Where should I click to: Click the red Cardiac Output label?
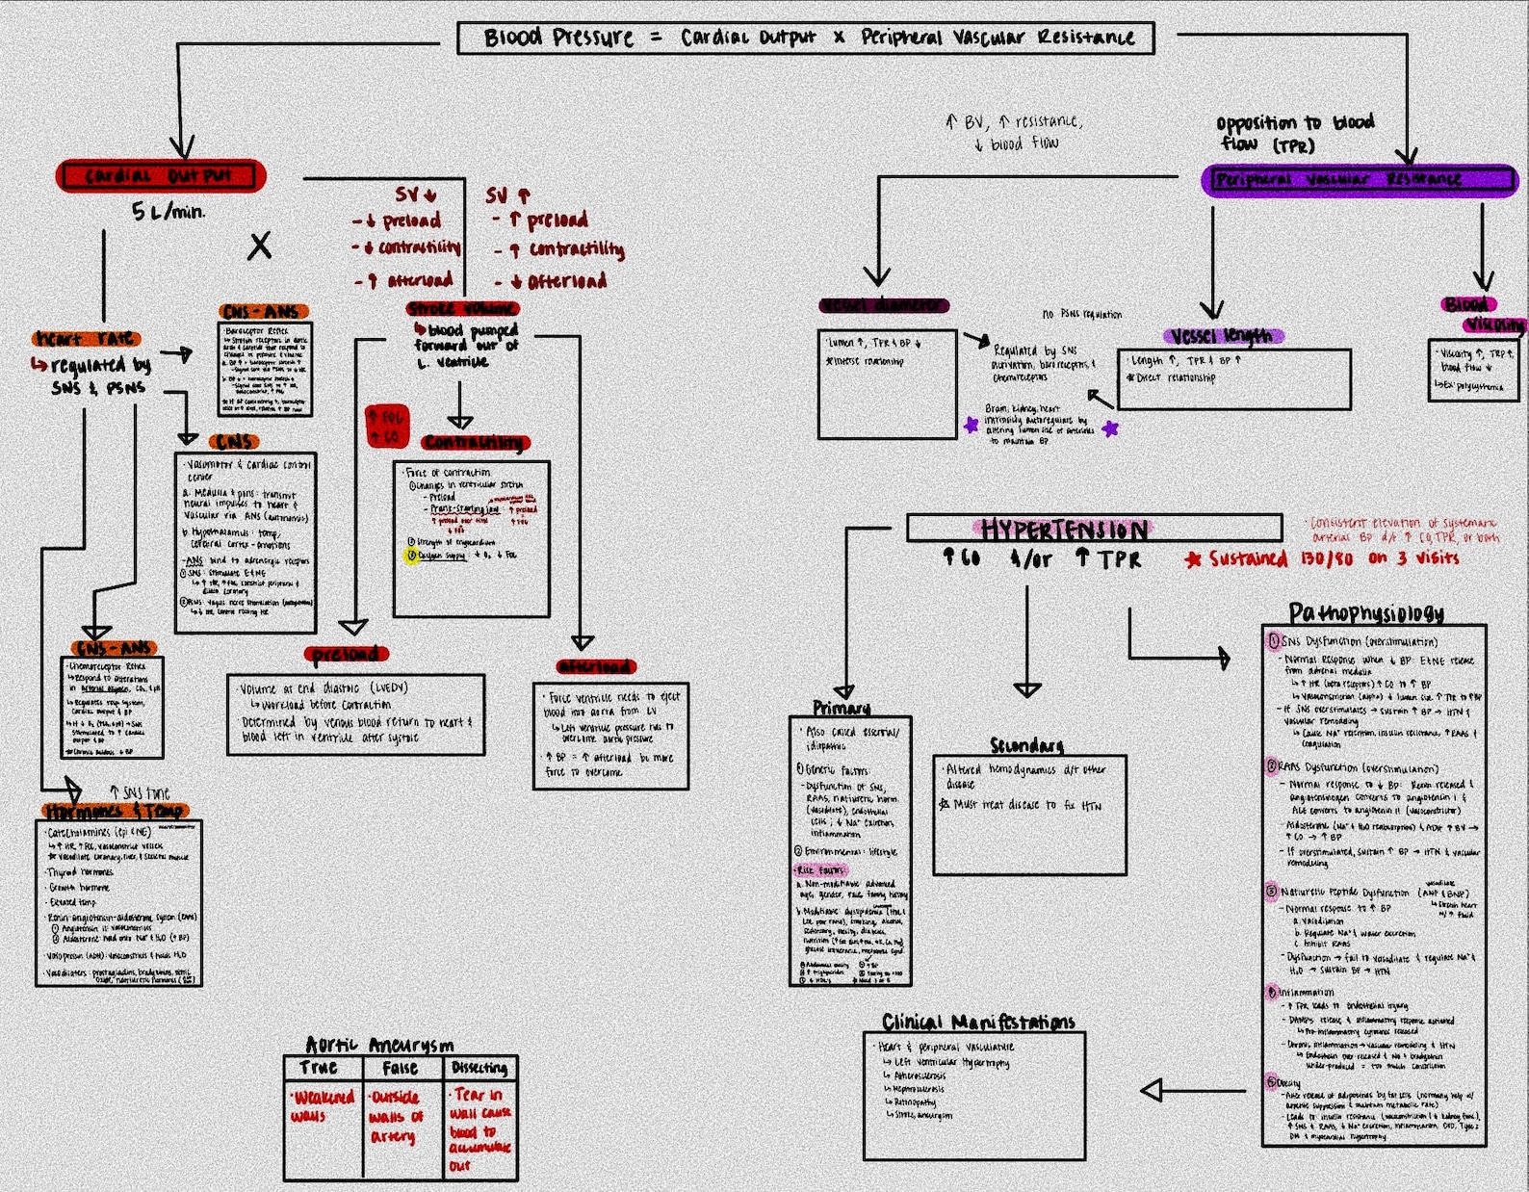pyautogui.click(x=161, y=176)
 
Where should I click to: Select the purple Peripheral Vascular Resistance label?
pyautogui.click(x=1359, y=179)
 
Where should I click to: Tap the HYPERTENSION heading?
pyautogui.click(x=1063, y=530)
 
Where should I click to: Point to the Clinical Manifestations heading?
pyautogui.click(x=978, y=1022)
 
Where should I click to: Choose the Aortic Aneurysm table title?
pyautogui.click(x=379, y=1045)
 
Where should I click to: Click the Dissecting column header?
pyautogui.click(x=479, y=1068)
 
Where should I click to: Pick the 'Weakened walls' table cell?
pyautogui.click(x=324, y=1106)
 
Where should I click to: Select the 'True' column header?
pyautogui.click(x=319, y=1068)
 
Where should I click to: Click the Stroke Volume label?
pyautogui.click(x=463, y=309)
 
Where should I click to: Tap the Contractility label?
pyautogui.click(x=475, y=443)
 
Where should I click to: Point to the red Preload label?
pyautogui.click(x=346, y=655)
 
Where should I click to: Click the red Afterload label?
pyautogui.click(x=596, y=666)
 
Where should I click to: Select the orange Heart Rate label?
pyautogui.click(x=87, y=339)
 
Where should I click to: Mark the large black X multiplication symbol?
pyautogui.click(x=259, y=246)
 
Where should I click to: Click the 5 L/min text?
pyautogui.click(x=168, y=211)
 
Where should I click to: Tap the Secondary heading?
pyautogui.click(x=1027, y=745)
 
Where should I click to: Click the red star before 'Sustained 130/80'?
pyautogui.click(x=1194, y=559)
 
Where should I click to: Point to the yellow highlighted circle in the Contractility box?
pyautogui.click(x=411, y=556)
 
